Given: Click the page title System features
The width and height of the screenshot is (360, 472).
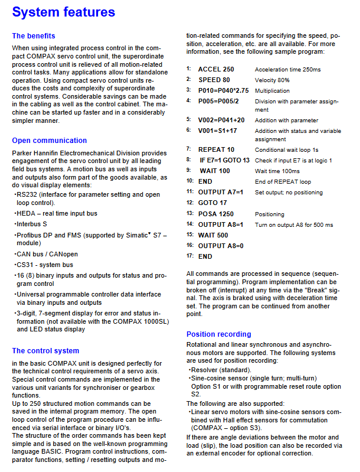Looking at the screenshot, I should (64, 12).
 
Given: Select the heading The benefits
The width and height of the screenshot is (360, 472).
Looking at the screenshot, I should (34, 36).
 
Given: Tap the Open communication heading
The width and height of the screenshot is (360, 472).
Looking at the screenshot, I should (50, 141).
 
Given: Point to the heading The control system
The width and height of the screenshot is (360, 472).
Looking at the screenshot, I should (45, 351).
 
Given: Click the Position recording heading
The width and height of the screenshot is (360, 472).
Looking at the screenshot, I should (218, 334).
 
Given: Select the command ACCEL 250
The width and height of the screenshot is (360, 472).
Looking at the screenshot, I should (216, 69).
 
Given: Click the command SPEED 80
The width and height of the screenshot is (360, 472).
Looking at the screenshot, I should (214, 80).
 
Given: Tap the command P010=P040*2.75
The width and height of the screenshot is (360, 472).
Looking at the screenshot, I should (223, 90).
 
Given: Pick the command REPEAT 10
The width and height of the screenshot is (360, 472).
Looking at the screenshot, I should (216, 149).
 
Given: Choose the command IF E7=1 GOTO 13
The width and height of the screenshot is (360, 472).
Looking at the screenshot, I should (224, 160).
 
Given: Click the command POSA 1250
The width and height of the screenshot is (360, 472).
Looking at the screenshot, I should (215, 214).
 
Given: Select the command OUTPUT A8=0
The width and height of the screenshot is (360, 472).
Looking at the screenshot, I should (221, 246).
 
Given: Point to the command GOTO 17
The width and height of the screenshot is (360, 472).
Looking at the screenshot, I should (212, 203).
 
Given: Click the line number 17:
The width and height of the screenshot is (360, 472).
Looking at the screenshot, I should (190, 256).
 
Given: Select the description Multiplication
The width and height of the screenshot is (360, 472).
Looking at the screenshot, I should (272, 90).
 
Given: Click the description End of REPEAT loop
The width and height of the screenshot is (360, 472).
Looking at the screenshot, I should (283, 181).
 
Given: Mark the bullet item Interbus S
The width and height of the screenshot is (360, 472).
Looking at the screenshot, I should (32, 224).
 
